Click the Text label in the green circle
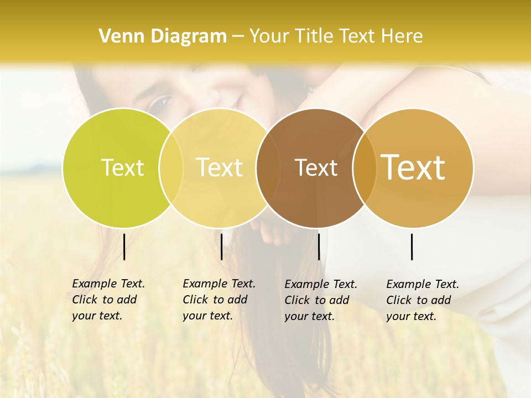[122, 167]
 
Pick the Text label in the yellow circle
[219, 167]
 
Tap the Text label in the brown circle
[316, 168]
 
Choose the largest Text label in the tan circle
[413, 167]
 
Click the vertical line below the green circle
[124, 247]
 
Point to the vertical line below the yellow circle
[221, 247]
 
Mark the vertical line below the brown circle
[319, 247]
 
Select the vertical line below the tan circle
[412, 247]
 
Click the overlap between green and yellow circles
[171, 167]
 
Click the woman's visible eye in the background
[161, 102]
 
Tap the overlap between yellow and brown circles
[264, 167]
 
